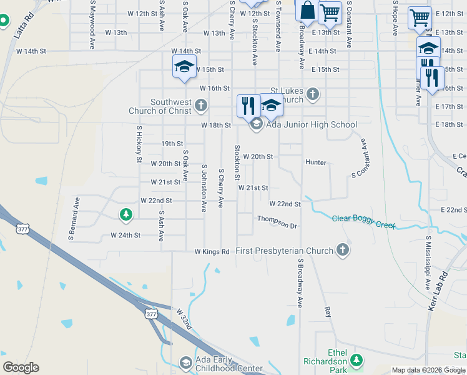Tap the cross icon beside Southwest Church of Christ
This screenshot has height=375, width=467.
coord(201,106)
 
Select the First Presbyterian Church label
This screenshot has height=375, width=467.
coord(285,251)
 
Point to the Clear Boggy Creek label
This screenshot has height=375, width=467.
coord(364,221)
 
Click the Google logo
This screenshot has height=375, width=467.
coord(21,367)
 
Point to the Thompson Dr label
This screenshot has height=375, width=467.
coord(277,222)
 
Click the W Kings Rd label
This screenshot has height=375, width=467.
coord(212,251)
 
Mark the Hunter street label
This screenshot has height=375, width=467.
coord(316,162)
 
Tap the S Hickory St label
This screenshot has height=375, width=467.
coord(139,144)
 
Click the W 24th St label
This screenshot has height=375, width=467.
coord(125,236)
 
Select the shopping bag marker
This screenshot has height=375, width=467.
coord(307,11)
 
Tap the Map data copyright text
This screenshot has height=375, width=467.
coord(428,370)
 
